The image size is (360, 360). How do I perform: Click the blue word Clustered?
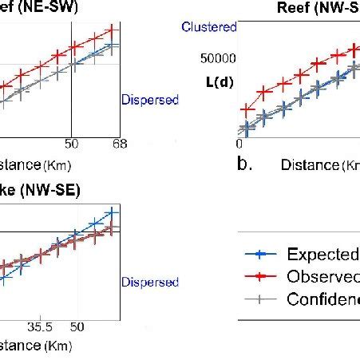[209, 28]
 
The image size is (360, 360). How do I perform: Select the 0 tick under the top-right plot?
[239, 144]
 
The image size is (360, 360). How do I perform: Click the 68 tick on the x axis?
[120, 144]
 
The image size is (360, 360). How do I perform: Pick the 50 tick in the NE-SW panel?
[72, 144]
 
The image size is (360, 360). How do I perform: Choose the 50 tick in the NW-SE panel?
[77, 327]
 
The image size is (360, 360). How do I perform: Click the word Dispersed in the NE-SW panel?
[149, 101]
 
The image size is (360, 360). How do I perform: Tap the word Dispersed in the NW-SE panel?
[149, 282]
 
